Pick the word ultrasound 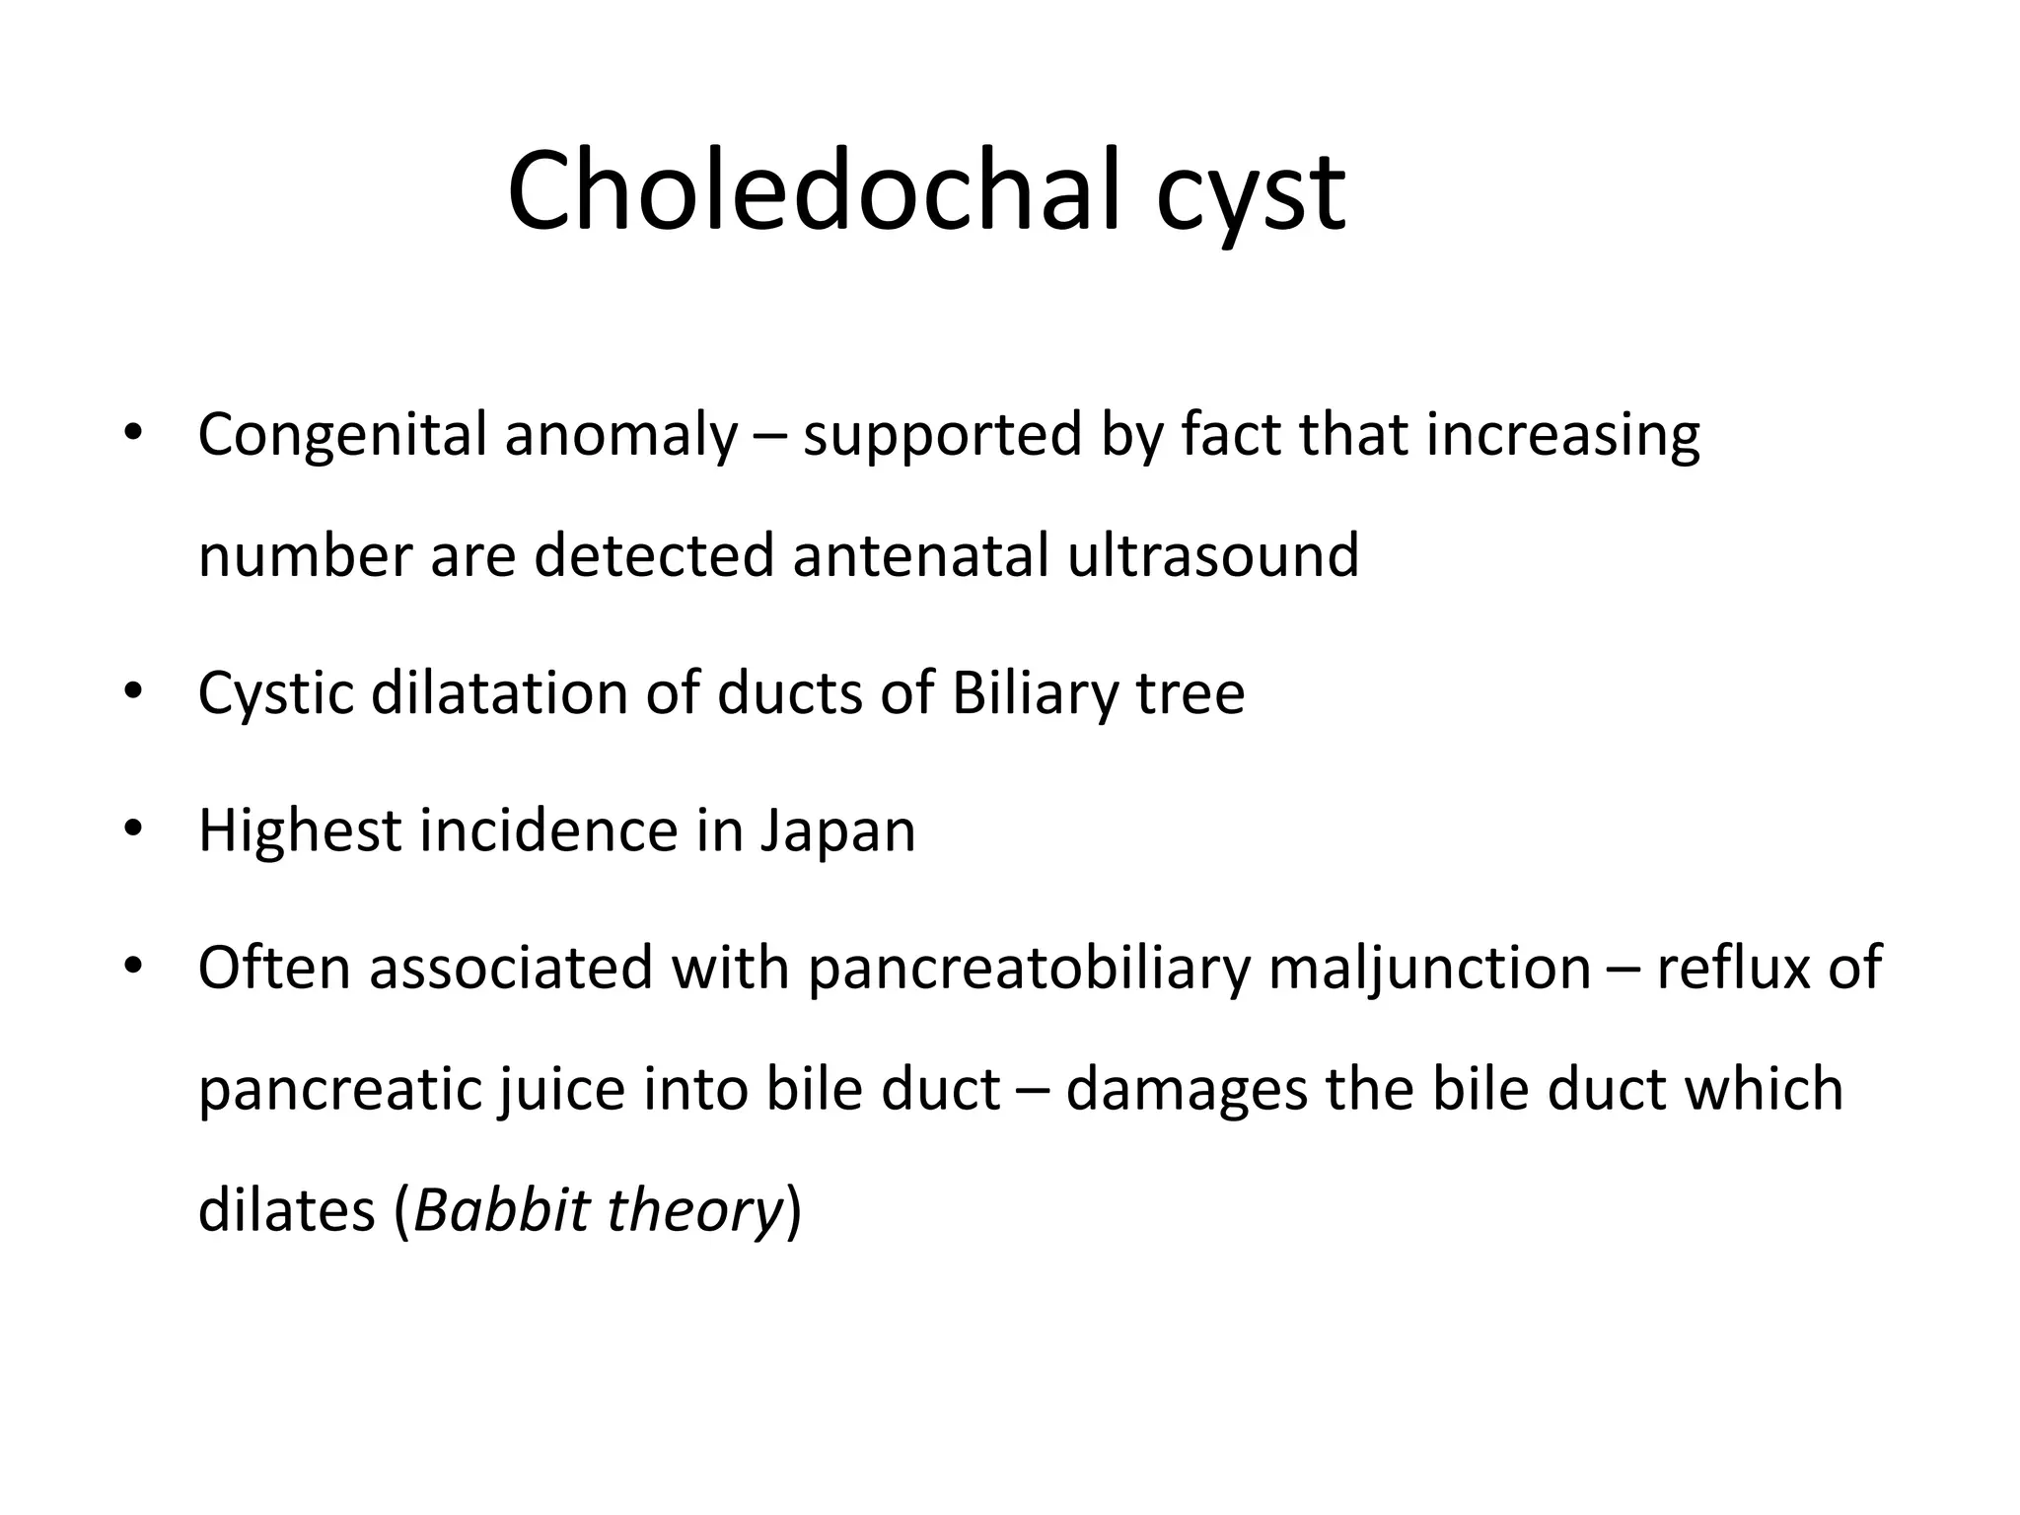pos(1213,555)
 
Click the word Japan pos(837,831)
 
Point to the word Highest pos(299,831)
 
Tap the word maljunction pos(1430,969)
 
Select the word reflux pos(1732,969)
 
